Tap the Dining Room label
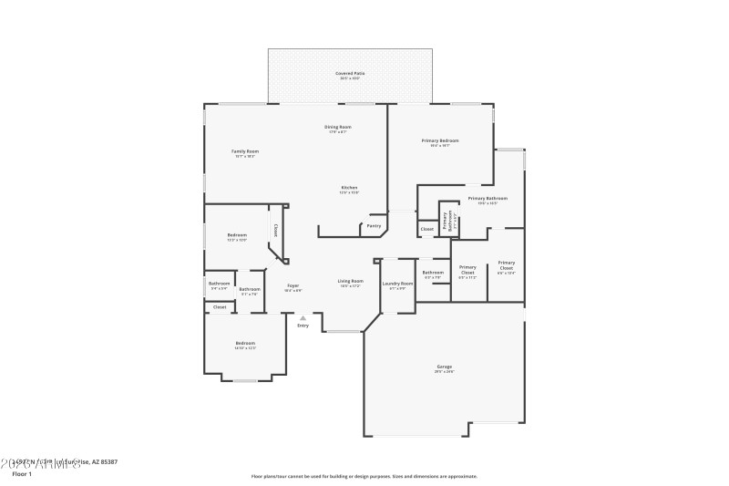click(338, 127)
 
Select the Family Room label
click(244, 151)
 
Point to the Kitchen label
click(349, 188)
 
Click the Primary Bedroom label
click(439, 140)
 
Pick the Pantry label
click(374, 225)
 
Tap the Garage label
click(444, 367)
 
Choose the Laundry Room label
click(397, 284)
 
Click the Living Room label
click(351, 282)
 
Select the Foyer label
click(293, 285)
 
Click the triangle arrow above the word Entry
click(303, 317)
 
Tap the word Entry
click(303, 326)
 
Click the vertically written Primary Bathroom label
click(447, 220)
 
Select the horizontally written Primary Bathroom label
click(488, 198)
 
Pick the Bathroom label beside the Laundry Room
click(433, 273)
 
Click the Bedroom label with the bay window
click(245, 344)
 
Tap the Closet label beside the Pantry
click(426, 228)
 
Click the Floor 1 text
click(22, 474)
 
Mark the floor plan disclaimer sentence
click(364, 476)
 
